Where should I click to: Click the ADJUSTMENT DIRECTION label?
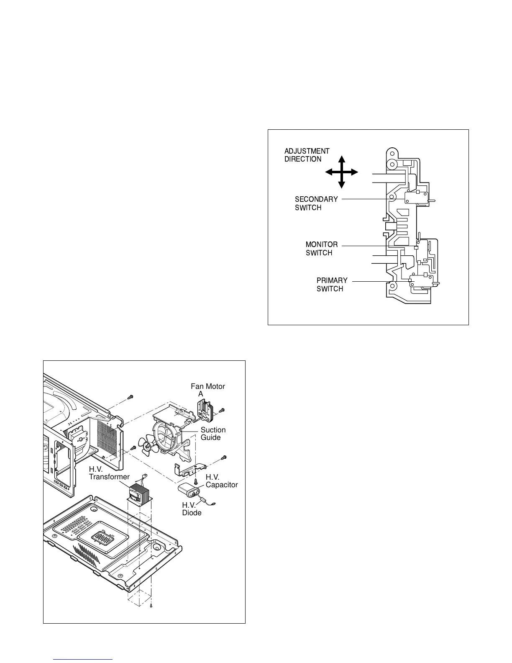(x=307, y=155)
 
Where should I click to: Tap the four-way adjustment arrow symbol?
(x=341, y=172)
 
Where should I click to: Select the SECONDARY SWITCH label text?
(x=316, y=203)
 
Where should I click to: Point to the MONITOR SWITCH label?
(x=321, y=249)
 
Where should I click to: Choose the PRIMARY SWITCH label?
(x=332, y=285)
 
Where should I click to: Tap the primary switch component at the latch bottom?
(x=421, y=281)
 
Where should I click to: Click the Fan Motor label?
(x=207, y=386)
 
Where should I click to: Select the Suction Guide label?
(x=213, y=434)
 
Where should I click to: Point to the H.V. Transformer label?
(x=109, y=473)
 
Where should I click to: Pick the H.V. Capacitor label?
(x=221, y=481)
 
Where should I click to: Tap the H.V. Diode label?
(x=192, y=509)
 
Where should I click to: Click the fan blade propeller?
(x=148, y=447)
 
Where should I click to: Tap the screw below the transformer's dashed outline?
(x=151, y=605)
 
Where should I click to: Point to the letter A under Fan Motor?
(x=201, y=394)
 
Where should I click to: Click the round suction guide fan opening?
(x=165, y=437)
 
